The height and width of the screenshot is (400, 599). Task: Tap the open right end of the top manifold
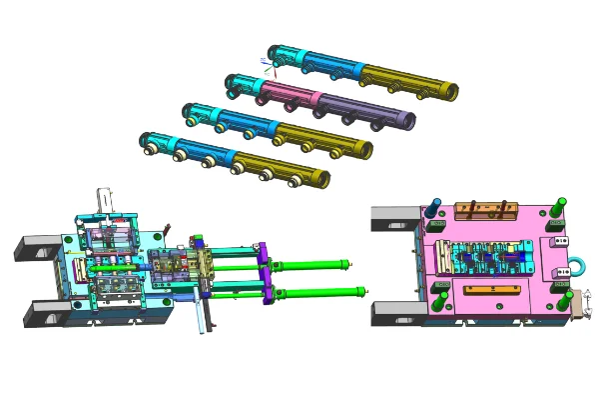pyautogui.click(x=451, y=91)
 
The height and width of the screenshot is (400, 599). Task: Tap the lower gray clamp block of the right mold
pyautogui.click(x=395, y=313)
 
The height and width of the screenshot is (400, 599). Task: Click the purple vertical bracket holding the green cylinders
pyautogui.click(x=264, y=274)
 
